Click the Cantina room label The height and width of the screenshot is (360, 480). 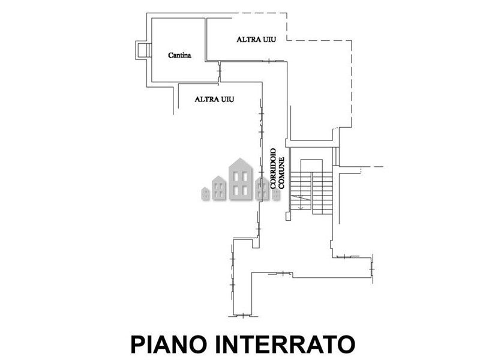tap(179, 55)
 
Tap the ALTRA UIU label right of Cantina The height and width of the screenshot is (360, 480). tap(252, 40)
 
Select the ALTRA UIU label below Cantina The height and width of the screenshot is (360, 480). tap(214, 99)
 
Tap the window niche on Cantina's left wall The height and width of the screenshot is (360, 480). tap(142, 50)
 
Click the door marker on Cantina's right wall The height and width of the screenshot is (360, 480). tap(219, 72)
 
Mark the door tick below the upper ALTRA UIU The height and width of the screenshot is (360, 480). tap(271, 60)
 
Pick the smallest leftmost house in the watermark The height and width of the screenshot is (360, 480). tap(205, 193)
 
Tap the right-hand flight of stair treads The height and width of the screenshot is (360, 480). tap(323, 192)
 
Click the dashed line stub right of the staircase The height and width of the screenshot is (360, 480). tap(376, 166)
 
